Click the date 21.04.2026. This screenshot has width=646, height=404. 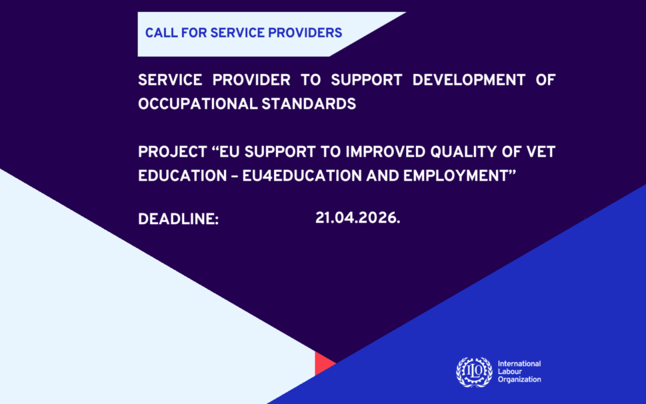[x=357, y=218]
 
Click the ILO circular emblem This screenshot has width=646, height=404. [x=474, y=371]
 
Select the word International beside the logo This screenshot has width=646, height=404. [x=519, y=364]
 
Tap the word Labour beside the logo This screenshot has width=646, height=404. [x=510, y=372]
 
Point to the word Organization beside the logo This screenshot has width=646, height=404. [x=519, y=379]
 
